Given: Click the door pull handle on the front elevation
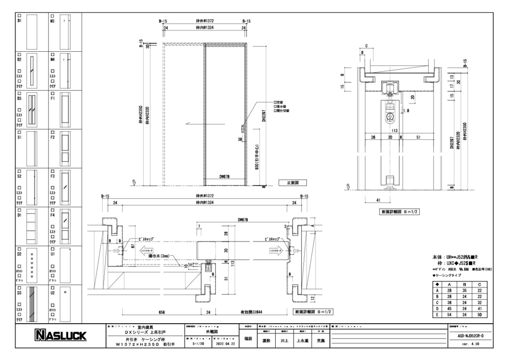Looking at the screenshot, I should [x=242, y=129].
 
